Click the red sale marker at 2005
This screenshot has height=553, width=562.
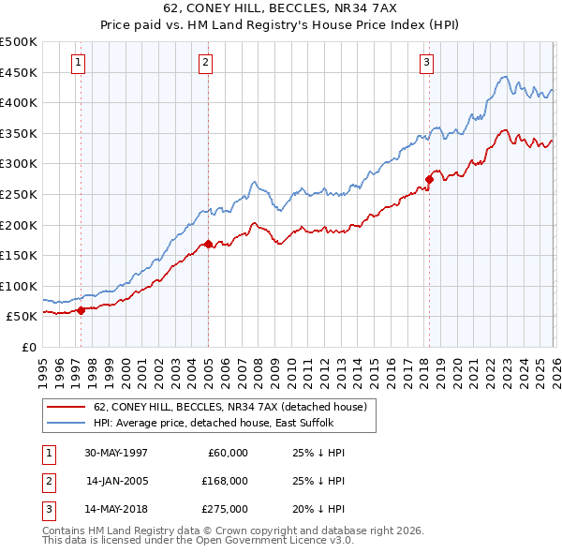tap(208, 244)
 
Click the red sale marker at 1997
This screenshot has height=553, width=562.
tap(81, 310)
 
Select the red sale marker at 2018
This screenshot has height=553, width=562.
tap(429, 178)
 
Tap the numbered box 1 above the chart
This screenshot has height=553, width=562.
tap(78, 63)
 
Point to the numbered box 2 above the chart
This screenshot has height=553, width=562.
tap(205, 63)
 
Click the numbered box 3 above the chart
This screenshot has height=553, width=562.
tap(426, 63)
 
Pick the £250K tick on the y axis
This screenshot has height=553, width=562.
tap(19, 194)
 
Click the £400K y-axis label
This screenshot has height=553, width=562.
tap(19, 102)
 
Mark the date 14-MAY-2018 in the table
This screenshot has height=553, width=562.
tap(116, 509)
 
